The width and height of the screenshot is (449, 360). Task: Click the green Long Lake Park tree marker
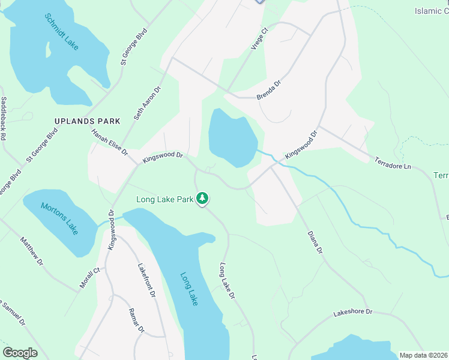click(x=203, y=198)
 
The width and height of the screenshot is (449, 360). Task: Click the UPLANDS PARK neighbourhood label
click(x=87, y=121)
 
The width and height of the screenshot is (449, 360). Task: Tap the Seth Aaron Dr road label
click(x=148, y=103)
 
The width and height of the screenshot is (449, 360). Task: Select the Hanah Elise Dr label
click(x=110, y=142)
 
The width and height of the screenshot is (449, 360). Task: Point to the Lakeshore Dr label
click(x=353, y=313)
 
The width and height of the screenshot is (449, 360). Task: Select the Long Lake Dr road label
click(x=226, y=280)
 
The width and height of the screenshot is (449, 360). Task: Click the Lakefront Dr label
click(x=146, y=281)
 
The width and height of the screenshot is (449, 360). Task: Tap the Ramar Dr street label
click(x=137, y=320)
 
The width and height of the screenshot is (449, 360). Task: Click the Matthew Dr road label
click(x=31, y=250)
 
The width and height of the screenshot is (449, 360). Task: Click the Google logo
click(x=20, y=352)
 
